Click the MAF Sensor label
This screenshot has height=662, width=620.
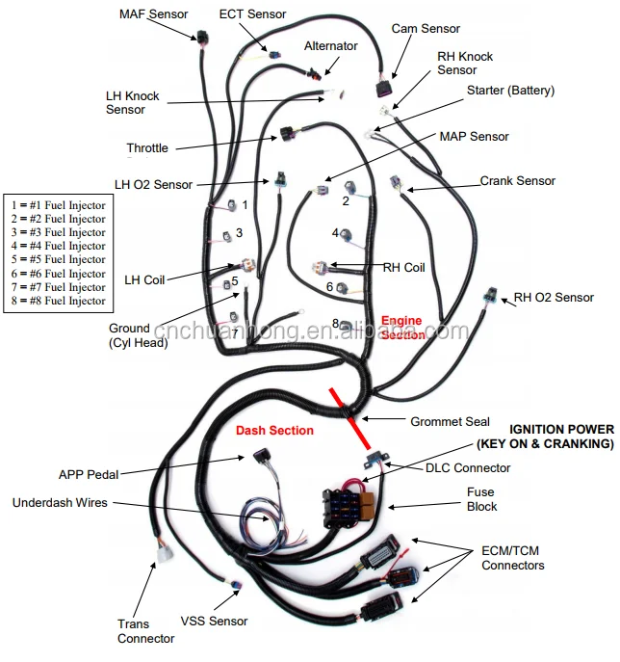[x=153, y=13]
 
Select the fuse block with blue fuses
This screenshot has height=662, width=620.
[x=348, y=507]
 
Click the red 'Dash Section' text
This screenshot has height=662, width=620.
[x=274, y=430]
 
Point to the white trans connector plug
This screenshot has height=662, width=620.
[x=165, y=554]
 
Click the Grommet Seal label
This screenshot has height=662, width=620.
[x=450, y=421]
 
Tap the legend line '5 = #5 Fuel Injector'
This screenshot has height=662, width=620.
[x=58, y=259]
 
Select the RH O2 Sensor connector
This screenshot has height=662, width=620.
[x=491, y=295]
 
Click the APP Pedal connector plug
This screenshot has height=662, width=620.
[x=262, y=458]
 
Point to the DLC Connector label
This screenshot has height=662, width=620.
[x=468, y=467]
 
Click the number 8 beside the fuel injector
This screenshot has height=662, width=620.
[x=335, y=324]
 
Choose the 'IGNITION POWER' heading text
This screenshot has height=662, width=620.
[x=562, y=430]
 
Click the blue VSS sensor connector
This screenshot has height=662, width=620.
[x=236, y=586]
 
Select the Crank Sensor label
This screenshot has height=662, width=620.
[x=518, y=181]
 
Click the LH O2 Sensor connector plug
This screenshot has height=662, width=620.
[x=280, y=179]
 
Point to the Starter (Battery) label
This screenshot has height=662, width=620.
[x=510, y=91]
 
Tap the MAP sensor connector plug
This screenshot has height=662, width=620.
[x=322, y=190]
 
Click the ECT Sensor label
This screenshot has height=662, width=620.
[x=252, y=13]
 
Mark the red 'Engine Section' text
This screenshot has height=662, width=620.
[x=402, y=328]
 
